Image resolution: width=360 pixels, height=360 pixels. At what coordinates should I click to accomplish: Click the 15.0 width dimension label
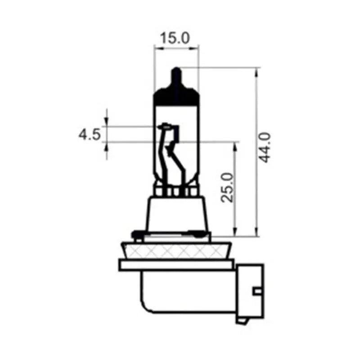coord(175,38)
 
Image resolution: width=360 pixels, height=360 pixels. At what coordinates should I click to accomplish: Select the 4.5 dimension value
coord(89,134)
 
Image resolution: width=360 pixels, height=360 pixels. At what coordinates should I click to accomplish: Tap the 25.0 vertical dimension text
coord(228,187)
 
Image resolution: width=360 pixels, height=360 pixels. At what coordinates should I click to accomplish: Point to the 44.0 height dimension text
coord(265,148)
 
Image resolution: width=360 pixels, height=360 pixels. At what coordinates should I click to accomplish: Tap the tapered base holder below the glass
coord(176,214)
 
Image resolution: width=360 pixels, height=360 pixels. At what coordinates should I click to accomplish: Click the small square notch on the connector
coord(257,291)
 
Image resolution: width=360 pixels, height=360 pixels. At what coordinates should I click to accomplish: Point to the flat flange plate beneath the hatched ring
coord(176,265)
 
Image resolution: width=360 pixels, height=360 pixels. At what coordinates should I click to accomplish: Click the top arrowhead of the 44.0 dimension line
coord(256,72)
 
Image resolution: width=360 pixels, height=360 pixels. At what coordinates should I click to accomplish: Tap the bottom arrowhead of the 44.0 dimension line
coord(256,231)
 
